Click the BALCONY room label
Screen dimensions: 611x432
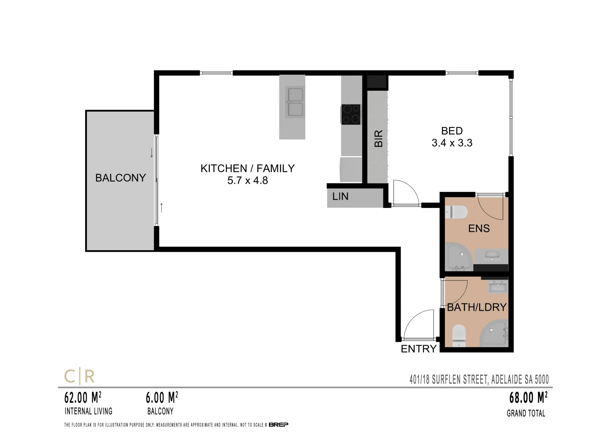121,178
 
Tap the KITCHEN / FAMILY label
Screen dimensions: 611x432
248,168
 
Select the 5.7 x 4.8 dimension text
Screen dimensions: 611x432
248,181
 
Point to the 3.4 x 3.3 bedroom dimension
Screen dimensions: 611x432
452,143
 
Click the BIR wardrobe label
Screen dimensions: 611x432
378,138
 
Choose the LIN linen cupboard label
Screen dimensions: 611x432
340,196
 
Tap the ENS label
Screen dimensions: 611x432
479,228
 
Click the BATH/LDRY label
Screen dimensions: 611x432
477,307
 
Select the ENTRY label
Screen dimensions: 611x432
418,349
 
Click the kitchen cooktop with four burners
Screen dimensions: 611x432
351,114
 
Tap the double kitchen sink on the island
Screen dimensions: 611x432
295,102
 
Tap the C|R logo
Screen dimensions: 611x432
80,376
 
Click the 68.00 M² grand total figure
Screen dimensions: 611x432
528,398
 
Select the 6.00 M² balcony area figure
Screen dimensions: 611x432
162,398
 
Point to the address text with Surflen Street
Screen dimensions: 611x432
479,379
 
